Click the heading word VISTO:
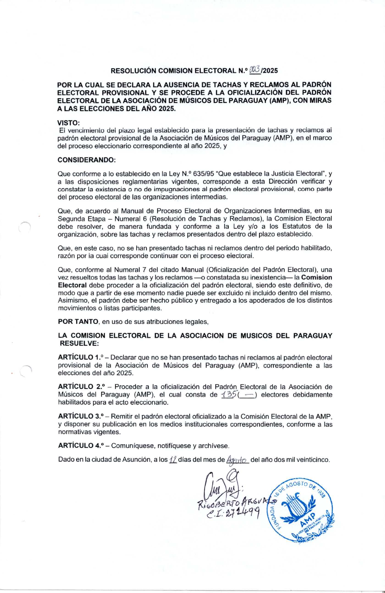68,123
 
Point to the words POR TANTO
78,322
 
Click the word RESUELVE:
79,343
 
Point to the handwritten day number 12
173,459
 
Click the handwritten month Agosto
238,460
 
